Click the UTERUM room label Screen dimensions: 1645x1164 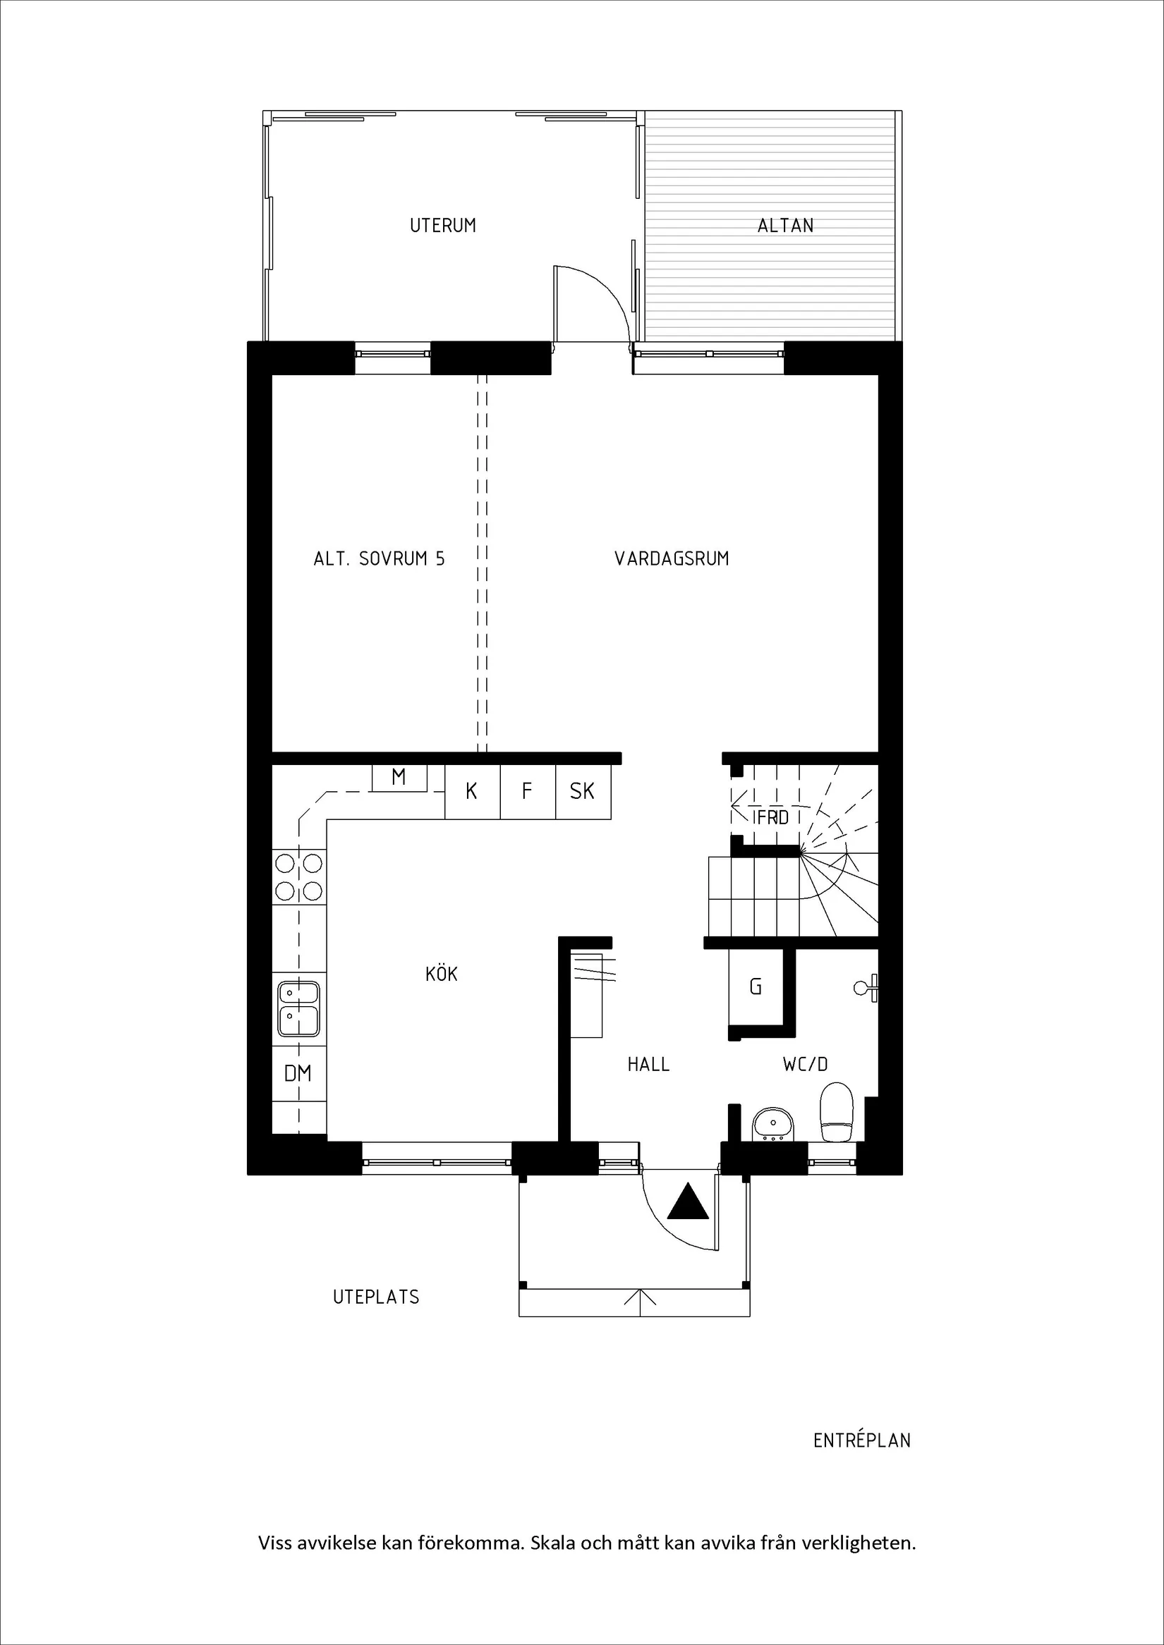tap(442, 225)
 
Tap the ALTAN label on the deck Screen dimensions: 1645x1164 tap(785, 225)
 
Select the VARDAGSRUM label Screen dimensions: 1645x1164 tap(672, 558)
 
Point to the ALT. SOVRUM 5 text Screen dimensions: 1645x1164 tap(378, 558)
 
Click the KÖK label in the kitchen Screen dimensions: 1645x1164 tap(441, 974)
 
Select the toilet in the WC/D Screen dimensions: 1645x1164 tap(837, 1113)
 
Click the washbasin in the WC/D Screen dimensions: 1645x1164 tap(772, 1124)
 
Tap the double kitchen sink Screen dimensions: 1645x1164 tap(299, 1009)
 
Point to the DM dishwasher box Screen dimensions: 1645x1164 tap(298, 1073)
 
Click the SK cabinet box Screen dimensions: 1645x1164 tap(582, 791)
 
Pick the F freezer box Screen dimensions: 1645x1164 tap(527, 791)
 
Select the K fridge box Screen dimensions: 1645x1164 tap(472, 791)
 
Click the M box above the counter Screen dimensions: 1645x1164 tap(399, 776)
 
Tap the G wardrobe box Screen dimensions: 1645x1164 tap(756, 986)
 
